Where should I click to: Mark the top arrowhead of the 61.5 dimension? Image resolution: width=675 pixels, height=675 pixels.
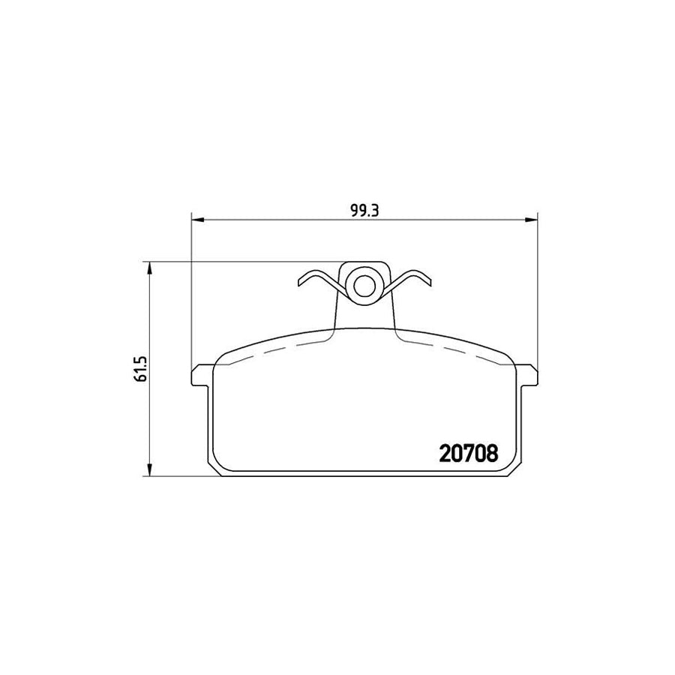click(151, 267)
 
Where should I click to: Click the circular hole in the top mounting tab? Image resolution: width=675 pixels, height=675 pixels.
click(365, 285)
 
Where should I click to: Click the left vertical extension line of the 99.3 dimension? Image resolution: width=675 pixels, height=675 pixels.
click(193, 300)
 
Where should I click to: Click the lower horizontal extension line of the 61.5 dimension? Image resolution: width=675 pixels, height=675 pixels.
click(180, 476)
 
